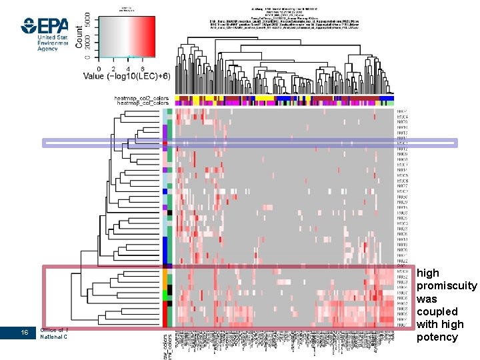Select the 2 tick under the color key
pyautogui.click(x=113, y=68)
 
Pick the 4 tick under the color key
pyautogui.click(x=128, y=68)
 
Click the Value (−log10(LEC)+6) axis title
pyautogui.click(x=126, y=76)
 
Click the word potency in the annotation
pyautogui.click(x=437, y=337)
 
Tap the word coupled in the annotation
pyautogui.click(x=437, y=312)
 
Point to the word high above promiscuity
pyautogui.click(x=428, y=273)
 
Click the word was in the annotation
pyautogui.click(x=427, y=299)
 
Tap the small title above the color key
pyautogui.click(x=127, y=8)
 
